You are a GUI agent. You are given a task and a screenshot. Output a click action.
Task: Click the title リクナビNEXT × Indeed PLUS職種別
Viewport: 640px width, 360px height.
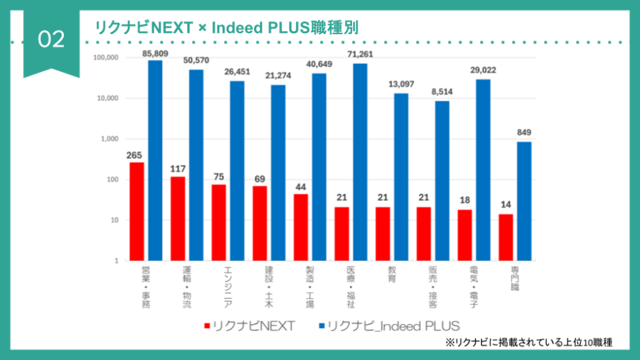pyautogui.click(x=218, y=27)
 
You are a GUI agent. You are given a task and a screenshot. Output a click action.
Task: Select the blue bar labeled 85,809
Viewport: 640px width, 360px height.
pyautogui.click(x=155, y=160)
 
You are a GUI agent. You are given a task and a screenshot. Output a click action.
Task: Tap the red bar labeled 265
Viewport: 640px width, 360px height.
pyautogui.click(x=137, y=211)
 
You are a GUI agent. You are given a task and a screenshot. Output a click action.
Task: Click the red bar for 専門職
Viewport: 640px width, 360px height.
pyautogui.click(x=506, y=237)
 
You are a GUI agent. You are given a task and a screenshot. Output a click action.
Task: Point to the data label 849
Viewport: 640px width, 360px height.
pyautogui.click(x=524, y=132)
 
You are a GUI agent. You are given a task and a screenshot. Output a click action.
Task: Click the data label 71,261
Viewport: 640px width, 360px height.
pyautogui.click(x=360, y=54)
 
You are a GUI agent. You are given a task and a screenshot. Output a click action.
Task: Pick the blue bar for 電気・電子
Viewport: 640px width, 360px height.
pyautogui.click(x=483, y=169)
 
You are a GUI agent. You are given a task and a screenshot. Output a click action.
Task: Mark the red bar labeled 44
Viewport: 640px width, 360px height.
pyautogui.click(x=301, y=227)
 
